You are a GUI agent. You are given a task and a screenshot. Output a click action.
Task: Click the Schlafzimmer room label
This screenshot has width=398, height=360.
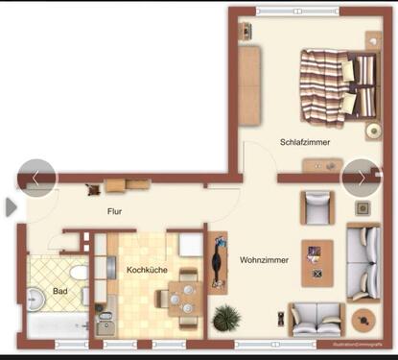[x=305, y=142]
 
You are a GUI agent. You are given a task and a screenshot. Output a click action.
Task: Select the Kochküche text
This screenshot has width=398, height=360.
[x=147, y=270]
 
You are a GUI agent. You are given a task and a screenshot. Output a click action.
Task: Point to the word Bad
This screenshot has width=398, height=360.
[x=60, y=291]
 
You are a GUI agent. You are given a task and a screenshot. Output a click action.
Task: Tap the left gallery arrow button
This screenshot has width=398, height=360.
[x=35, y=178]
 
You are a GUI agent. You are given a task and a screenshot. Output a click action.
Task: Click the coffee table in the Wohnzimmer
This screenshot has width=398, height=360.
[x=316, y=262]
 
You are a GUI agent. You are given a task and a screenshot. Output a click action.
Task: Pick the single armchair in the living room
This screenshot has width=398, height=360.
[x=316, y=205]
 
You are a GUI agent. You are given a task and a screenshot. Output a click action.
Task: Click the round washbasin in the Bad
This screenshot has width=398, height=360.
[x=37, y=298]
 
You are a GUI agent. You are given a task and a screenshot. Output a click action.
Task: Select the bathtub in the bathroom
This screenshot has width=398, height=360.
[x=57, y=330]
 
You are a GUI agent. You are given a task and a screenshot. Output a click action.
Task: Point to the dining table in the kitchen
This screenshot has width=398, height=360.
[x=179, y=299]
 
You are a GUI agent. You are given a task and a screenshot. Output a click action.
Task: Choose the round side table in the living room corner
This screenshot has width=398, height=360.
[x=363, y=319]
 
